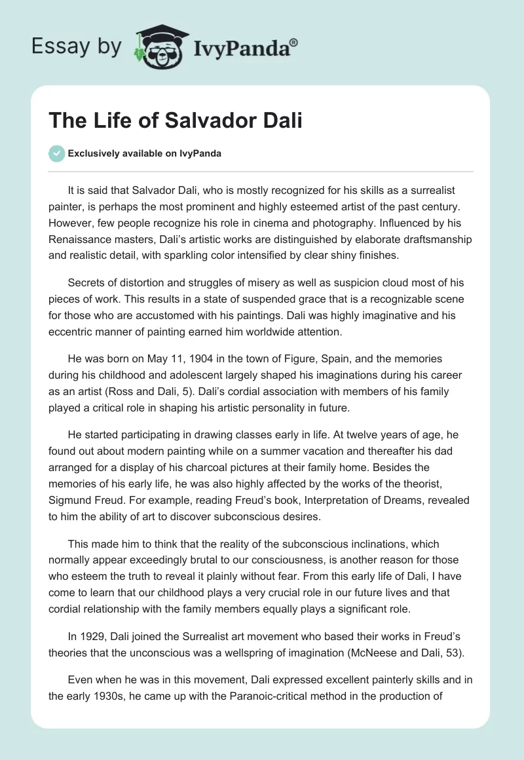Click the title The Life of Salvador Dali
(176, 121)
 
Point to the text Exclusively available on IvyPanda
(145, 153)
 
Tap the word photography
(404, 204)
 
